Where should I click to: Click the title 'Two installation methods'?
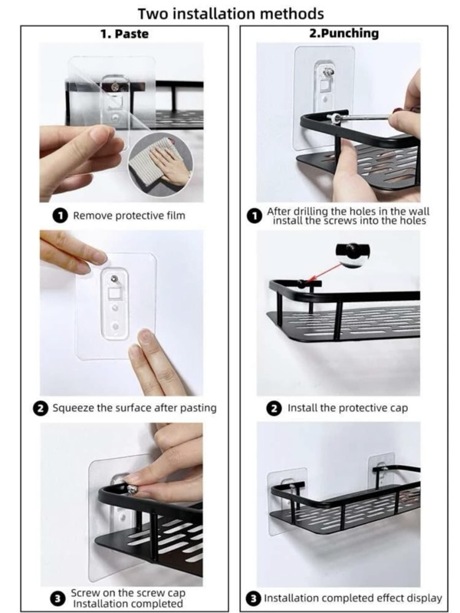point(230,13)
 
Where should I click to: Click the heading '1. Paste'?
point(124,34)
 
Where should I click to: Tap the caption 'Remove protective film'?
point(129,216)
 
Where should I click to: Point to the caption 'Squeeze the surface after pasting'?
point(134,407)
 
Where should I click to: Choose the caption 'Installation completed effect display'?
point(353,598)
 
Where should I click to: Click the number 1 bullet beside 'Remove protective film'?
point(61,216)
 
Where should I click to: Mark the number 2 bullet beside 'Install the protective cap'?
point(274,408)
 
